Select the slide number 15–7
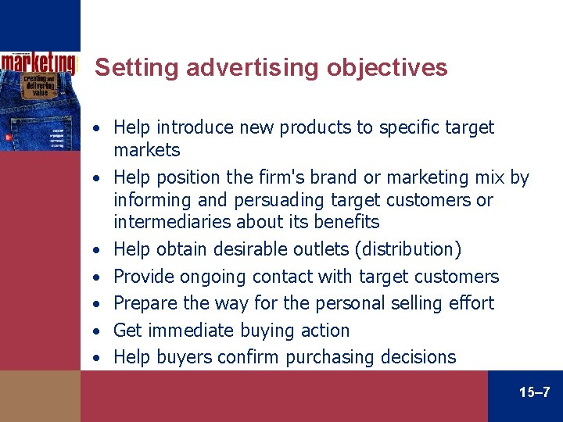click(x=534, y=392)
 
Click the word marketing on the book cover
click(x=38, y=62)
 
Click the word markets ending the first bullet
click(x=147, y=149)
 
